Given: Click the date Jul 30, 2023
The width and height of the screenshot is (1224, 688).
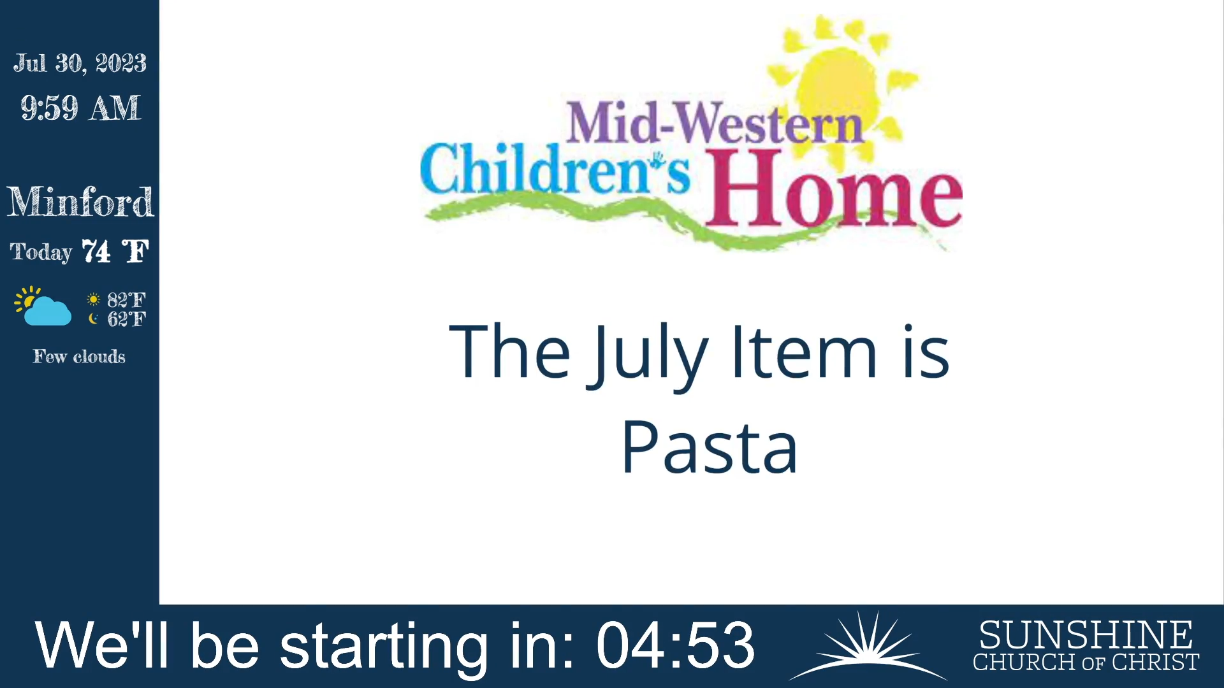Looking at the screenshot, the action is pos(80,63).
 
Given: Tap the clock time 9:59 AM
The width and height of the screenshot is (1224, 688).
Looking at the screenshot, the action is pos(80,108).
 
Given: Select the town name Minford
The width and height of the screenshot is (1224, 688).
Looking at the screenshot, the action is pos(80,202).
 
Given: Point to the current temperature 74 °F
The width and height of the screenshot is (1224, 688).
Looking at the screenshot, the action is pos(115,252).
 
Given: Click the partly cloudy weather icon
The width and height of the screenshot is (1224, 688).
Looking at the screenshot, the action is pos(43,306).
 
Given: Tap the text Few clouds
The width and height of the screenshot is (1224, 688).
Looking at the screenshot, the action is pos(79,356).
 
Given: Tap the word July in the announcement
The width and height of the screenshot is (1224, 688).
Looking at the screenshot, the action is pos(648,354).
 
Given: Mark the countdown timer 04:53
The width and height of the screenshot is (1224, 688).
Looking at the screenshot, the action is pos(676,645).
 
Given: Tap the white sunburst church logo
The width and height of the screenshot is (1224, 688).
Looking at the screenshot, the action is pos(867,645).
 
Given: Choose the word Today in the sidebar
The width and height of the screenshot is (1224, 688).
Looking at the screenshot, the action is pos(41,252).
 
